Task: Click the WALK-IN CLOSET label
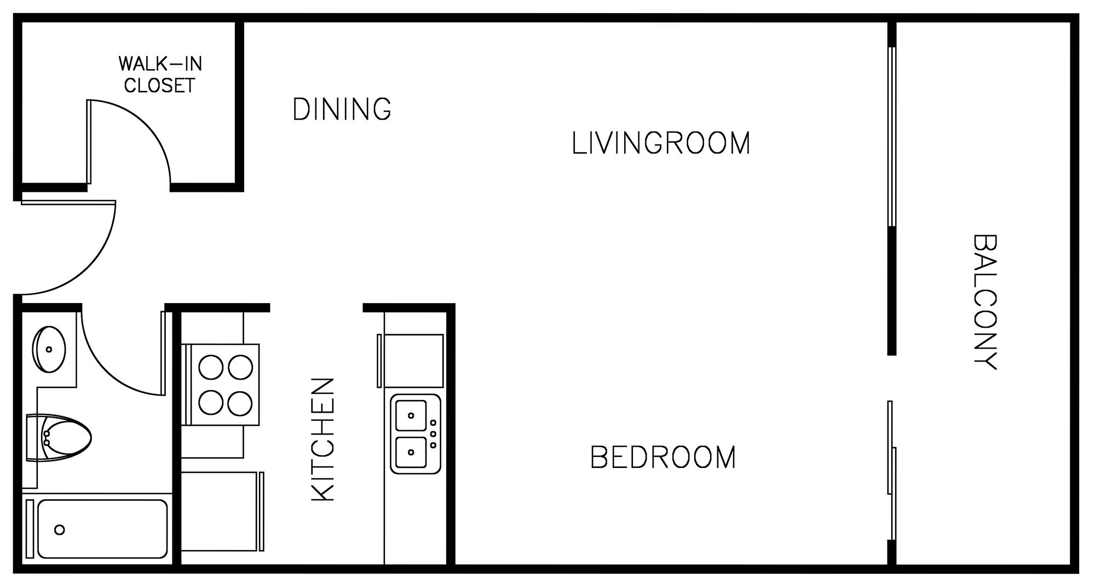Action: click(160, 75)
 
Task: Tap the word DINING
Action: click(342, 109)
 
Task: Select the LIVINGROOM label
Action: click(661, 143)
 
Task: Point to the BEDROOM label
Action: click(663, 458)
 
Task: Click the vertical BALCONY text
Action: click(984, 302)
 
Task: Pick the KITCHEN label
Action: click(322, 439)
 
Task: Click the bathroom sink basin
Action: click(49, 349)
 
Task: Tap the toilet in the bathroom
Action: click(58, 438)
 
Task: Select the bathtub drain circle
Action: click(60, 530)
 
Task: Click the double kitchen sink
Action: click(415, 434)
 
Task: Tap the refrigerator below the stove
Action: click(222, 511)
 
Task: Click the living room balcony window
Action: click(892, 137)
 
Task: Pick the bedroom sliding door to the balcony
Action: click(891, 471)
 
